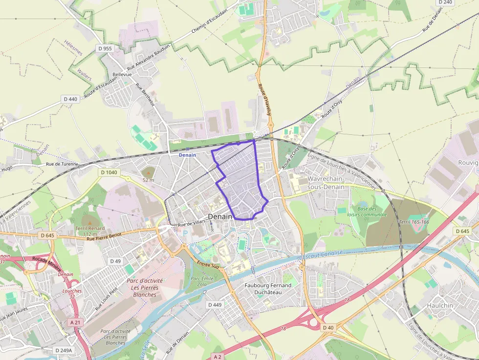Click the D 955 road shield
tap(105, 48)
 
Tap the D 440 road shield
tap(70, 99)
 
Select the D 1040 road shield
tap(109, 172)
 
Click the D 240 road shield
tap(445, 2)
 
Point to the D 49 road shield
tap(115, 261)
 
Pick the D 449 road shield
tap(215, 305)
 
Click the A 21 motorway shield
tap(75, 322)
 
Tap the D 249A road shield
tap(63, 350)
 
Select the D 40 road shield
tap(328, 327)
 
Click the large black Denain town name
tap(220, 216)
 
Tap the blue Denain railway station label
tap(187, 155)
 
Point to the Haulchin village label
tap(440, 305)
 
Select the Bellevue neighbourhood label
tap(122, 74)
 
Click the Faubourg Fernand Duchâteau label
tap(267, 289)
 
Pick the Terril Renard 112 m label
tap(90, 231)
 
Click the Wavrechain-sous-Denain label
tap(326, 183)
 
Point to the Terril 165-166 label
tap(414, 222)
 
